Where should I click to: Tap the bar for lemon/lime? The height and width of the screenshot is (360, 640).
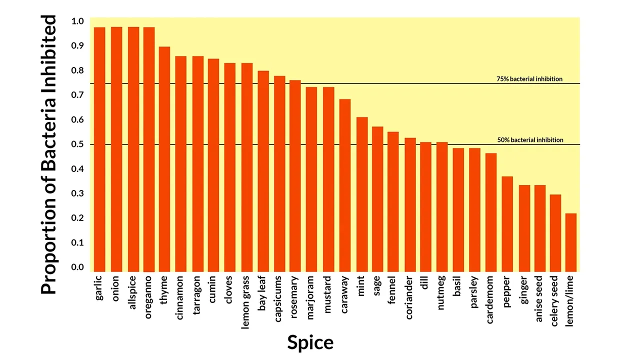pyautogui.click(x=571, y=242)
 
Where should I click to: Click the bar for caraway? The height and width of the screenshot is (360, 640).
pyautogui.click(x=345, y=185)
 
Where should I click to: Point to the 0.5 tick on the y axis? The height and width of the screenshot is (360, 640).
pyautogui.click(x=77, y=144)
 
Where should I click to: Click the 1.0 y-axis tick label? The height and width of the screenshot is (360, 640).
pyautogui.click(x=77, y=21)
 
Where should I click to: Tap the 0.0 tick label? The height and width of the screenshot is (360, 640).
pyautogui.click(x=77, y=267)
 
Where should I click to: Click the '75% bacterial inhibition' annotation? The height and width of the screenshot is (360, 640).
pyautogui.click(x=529, y=79)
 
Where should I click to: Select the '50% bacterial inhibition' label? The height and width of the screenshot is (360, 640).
pyautogui.click(x=530, y=140)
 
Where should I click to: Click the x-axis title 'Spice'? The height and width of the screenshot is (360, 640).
pyautogui.click(x=310, y=342)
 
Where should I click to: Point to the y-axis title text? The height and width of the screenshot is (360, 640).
pyautogui.click(x=48, y=154)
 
